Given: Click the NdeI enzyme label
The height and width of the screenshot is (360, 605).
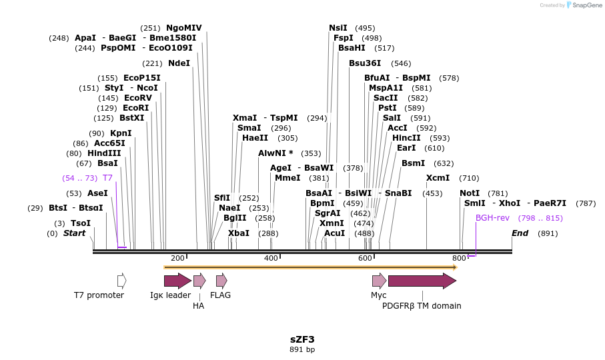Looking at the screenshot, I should [x=179, y=63].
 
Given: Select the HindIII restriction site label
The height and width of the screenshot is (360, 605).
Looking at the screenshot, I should [x=104, y=153].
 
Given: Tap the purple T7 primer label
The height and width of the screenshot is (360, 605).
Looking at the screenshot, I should [x=107, y=178].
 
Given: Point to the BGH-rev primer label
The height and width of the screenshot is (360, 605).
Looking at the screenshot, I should [x=492, y=218].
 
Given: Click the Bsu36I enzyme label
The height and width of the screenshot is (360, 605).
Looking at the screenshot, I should [x=365, y=63].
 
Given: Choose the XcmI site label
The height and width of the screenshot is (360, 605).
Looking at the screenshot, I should [x=438, y=178].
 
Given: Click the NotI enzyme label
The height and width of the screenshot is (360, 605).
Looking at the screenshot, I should [x=470, y=193].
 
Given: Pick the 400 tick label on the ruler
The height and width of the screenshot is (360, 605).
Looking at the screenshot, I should [x=271, y=258].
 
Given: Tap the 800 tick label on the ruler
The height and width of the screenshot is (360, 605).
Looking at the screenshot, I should [x=459, y=258].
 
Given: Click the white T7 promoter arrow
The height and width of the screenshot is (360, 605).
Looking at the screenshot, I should [x=121, y=281].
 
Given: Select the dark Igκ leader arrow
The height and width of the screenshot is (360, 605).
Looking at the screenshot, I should [x=177, y=281].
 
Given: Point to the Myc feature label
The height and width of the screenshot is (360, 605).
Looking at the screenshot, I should [x=379, y=295].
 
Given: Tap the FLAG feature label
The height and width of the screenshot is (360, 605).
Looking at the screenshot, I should [x=221, y=295].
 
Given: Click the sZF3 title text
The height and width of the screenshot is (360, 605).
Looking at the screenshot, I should [x=302, y=339].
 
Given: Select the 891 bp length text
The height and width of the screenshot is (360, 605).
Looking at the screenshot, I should [x=302, y=349].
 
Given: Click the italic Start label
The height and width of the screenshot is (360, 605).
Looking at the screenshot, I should [x=74, y=233].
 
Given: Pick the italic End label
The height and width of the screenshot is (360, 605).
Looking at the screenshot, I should [x=520, y=233].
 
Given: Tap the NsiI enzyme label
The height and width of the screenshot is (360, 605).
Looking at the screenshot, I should [x=338, y=28].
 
